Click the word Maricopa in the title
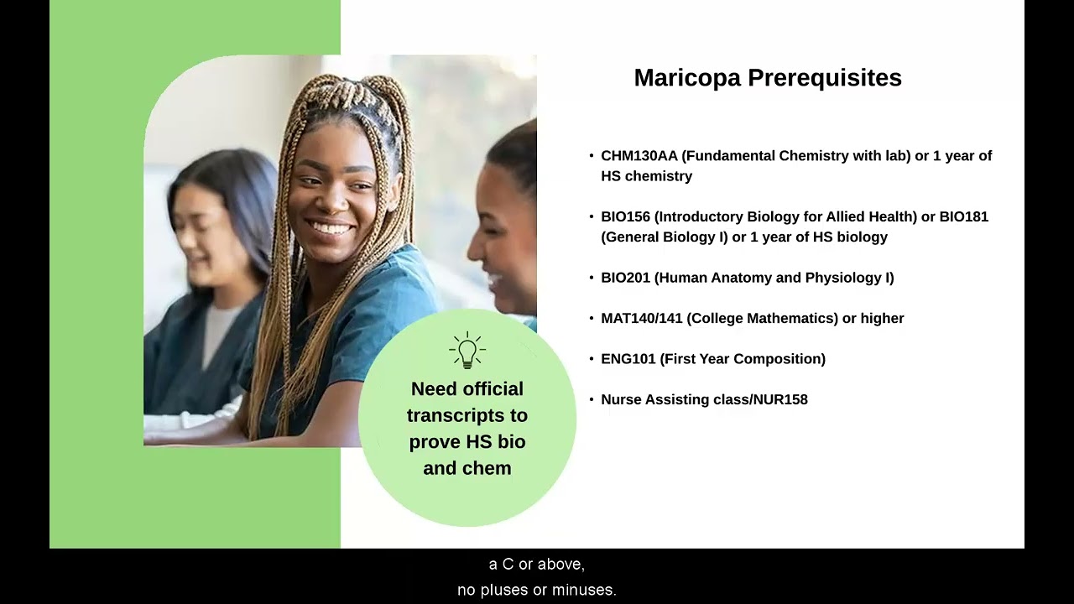pyautogui.click(x=687, y=78)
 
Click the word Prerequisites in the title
pyautogui.click(x=824, y=78)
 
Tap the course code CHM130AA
pyautogui.click(x=639, y=156)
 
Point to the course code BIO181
pyautogui.click(x=963, y=217)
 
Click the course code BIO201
pyautogui.click(x=625, y=278)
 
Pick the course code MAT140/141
pyautogui.click(x=642, y=319)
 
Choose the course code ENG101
pyautogui.click(x=628, y=359)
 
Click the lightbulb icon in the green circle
pyautogui.click(x=467, y=351)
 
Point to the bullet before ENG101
pyautogui.click(x=592, y=359)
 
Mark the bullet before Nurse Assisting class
pyautogui.click(x=592, y=400)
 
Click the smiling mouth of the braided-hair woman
pyautogui.click(x=331, y=227)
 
